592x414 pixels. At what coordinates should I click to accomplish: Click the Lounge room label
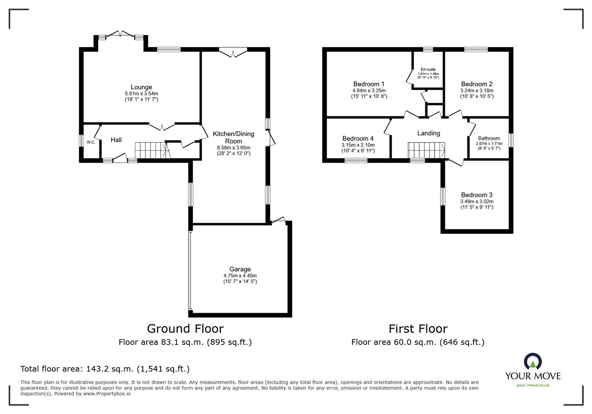[x=141, y=87]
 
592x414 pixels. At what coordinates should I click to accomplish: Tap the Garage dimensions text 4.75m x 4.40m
[x=240, y=276]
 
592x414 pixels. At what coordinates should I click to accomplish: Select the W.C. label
[x=91, y=142]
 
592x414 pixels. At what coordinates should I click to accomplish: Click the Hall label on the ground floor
[x=116, y=140]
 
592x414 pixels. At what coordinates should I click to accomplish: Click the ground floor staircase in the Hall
[x=150, y=150]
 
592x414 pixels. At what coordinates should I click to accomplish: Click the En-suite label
[x=428, y=70]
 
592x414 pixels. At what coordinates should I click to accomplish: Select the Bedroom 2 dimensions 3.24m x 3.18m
[x=477, y=90]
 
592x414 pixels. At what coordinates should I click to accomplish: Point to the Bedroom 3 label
[x=477, y=195]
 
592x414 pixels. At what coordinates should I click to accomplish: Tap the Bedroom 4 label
[x=358, y=139]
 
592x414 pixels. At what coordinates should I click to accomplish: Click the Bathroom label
[x=489, y=138]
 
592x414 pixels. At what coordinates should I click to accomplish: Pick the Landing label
[x=428, y=133]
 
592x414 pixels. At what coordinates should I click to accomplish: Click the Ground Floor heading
[x=185, y=329]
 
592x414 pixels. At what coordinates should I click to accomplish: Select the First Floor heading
[x=418, y=329]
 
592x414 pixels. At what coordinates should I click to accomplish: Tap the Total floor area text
[x=105, y=369]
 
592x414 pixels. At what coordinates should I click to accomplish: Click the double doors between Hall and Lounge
[x=162, y=127]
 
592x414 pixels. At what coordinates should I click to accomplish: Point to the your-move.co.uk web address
[x=533, y=385]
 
